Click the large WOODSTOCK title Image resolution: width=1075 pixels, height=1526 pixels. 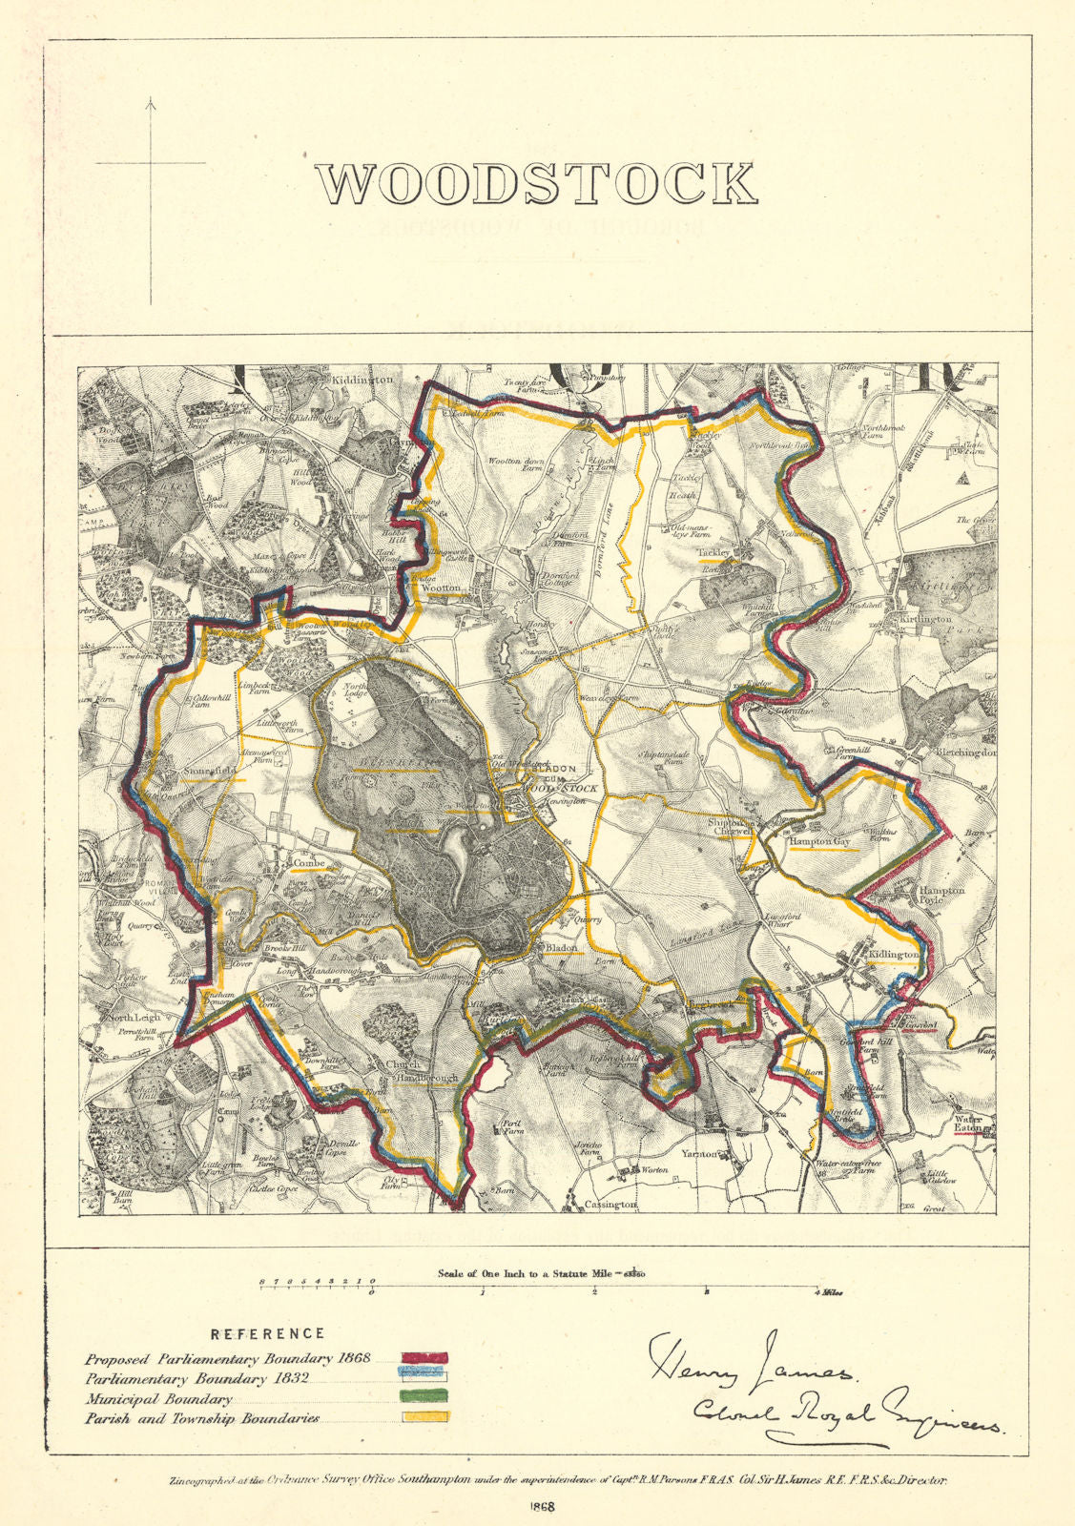pos(536,184)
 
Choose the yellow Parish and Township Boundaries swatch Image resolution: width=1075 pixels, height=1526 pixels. pos(424,1418)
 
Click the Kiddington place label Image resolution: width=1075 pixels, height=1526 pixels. pos(362,380)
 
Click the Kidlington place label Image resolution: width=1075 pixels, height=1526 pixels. pos(896,954)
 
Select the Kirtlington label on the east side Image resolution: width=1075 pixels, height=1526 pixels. pos(925,619)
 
